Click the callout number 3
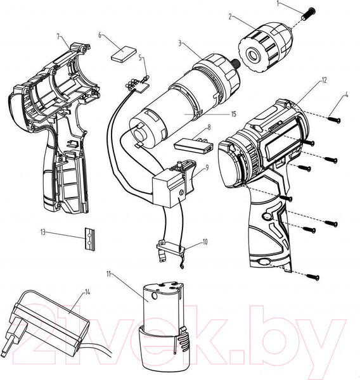pyautogui.click(x=181, y=44)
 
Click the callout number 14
pyautogui.click(x=87, y=292)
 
